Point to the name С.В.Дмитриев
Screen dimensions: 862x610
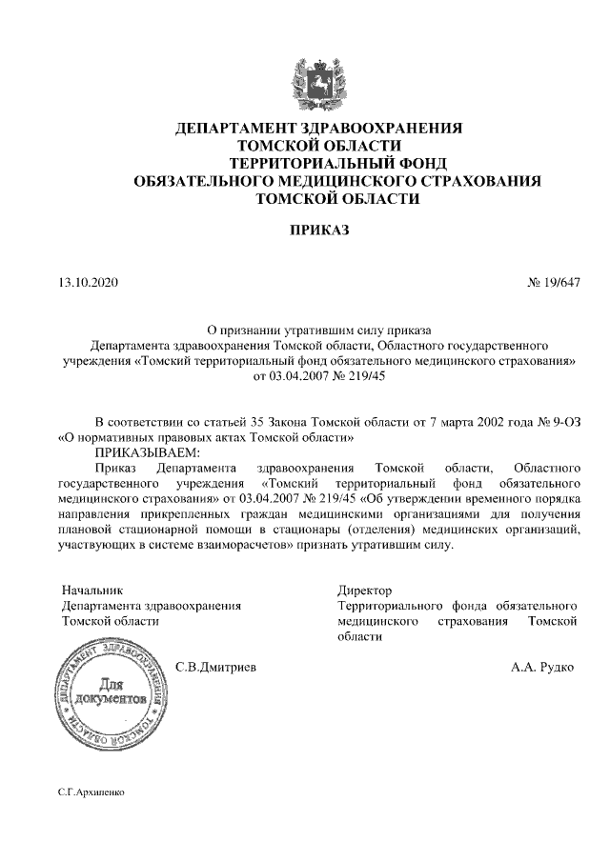(x=216, y=668)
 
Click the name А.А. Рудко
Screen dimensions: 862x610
(x=542, y=668)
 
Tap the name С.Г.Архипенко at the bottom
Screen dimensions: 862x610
(x=91, y=792)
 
